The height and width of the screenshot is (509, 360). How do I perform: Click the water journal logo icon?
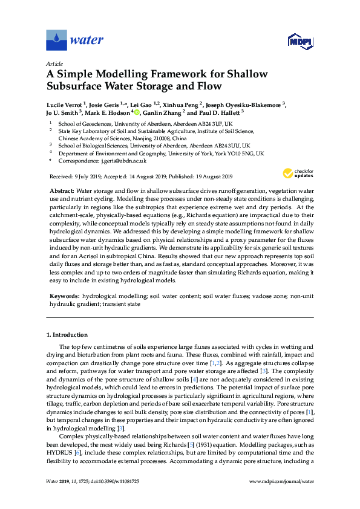tap(56, 41)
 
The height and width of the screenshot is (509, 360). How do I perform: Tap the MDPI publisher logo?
tap(298, 41)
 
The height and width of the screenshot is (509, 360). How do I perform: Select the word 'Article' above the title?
tap(54, 63)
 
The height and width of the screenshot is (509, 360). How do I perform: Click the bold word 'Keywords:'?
tap(64, 297)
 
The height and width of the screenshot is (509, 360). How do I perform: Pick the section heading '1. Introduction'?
tap(67, 334)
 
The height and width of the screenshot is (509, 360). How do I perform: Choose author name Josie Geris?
tap(105, 104)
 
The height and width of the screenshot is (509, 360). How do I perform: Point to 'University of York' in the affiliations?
tap(183, 154)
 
